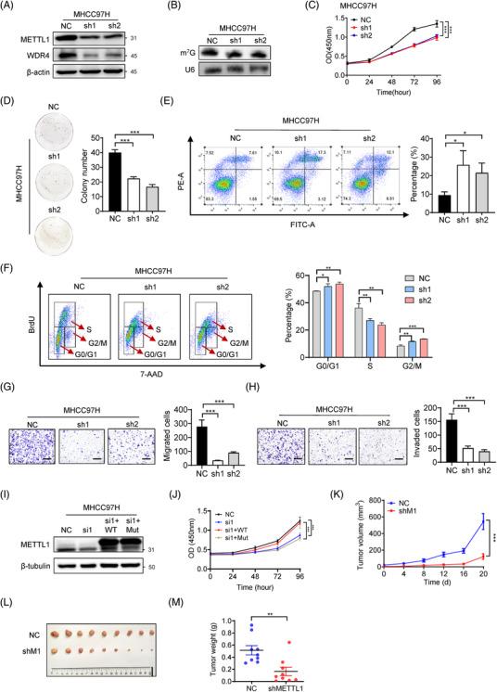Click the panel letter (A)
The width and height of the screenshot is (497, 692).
tap(11, 9)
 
